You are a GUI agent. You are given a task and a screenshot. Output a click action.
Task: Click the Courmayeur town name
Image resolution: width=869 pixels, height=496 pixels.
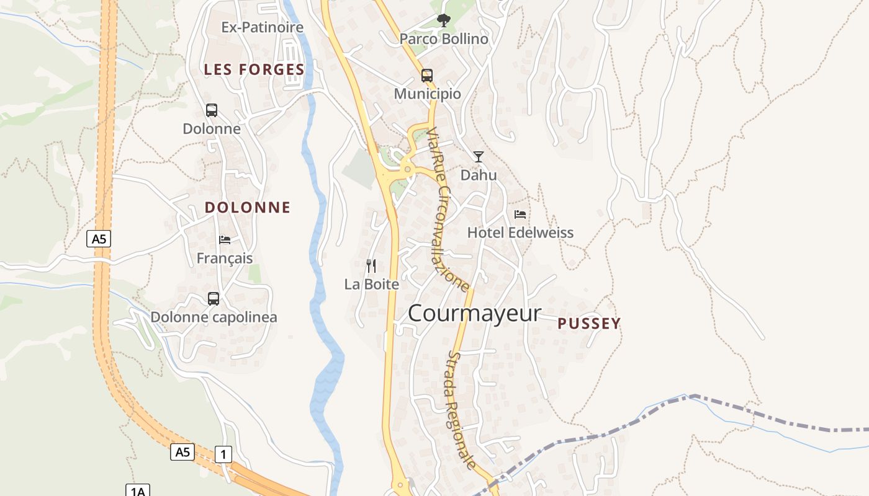click(474, 314)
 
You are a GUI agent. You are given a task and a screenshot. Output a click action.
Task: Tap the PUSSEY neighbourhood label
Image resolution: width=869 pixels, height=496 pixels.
click(589, 324)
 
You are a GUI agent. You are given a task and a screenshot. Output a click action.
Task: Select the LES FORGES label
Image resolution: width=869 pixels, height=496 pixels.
click(254, 69)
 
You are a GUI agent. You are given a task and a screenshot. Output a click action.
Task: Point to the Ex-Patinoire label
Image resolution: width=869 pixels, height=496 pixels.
click(263, 27)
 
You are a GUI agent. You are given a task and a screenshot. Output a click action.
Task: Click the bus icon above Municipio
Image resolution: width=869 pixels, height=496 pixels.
click(427, 76)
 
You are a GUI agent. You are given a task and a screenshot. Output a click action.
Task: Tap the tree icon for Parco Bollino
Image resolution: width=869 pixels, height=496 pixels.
click(443, 20)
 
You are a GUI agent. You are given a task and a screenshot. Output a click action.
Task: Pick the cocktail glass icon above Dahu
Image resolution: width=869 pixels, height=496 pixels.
click(479, 156)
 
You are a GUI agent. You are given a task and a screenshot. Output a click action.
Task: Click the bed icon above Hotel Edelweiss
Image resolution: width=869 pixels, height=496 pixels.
click(520, 215)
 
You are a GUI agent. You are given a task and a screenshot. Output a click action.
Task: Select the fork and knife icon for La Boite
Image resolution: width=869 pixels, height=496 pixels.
click(371, 266)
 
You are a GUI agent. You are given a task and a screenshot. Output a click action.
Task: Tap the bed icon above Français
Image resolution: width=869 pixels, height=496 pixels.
click(225, 239)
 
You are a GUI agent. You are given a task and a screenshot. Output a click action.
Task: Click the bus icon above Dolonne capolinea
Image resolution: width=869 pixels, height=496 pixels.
click(214, 298)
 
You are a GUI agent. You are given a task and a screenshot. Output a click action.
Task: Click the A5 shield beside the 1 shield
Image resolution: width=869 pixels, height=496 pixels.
click(182, 452)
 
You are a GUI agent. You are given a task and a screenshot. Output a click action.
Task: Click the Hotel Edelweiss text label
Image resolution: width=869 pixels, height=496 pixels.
click(520, 233)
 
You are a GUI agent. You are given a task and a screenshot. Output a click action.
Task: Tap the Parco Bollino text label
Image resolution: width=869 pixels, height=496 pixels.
click(444, 39)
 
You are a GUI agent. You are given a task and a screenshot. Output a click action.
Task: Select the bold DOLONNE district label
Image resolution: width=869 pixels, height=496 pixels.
click(248, 208)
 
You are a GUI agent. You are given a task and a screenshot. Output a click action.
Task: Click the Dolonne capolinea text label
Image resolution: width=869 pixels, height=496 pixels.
click(214, 317)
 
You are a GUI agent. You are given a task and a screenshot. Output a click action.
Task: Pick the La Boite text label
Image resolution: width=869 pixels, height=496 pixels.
click(372, 285)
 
